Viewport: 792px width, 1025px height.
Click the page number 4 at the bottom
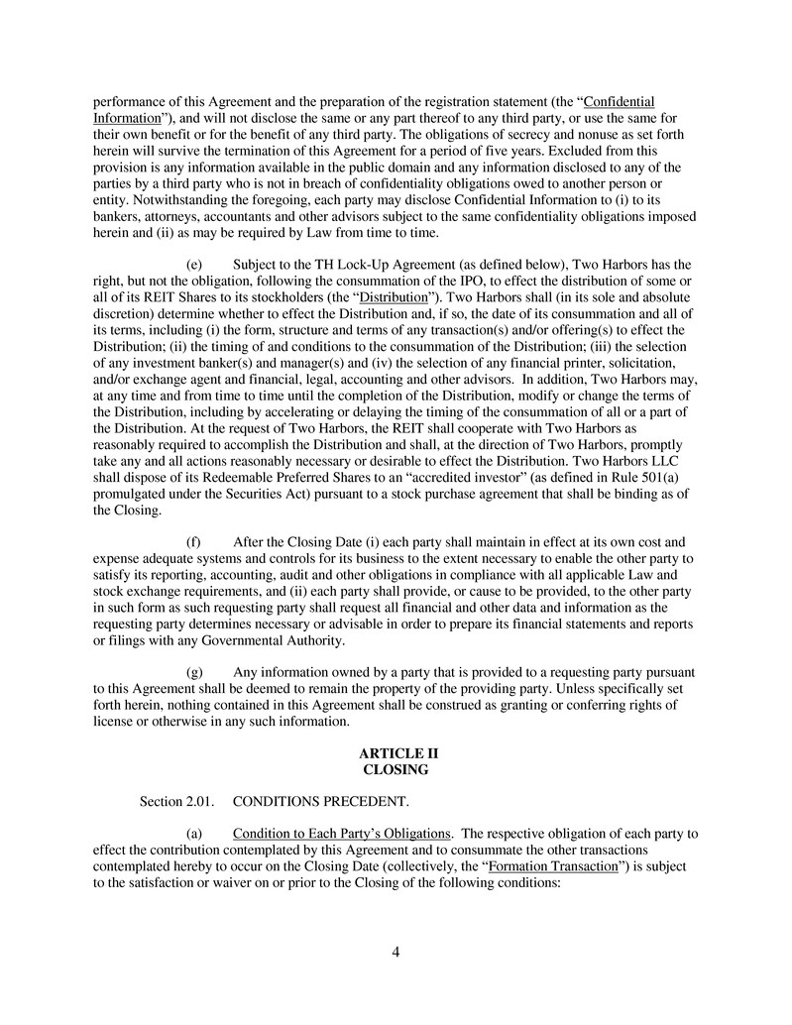(396, 953)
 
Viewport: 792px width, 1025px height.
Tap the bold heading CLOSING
(396, 769)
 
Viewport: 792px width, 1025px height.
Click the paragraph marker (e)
(195, 265)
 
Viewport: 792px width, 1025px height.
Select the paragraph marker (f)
(194, 542)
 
